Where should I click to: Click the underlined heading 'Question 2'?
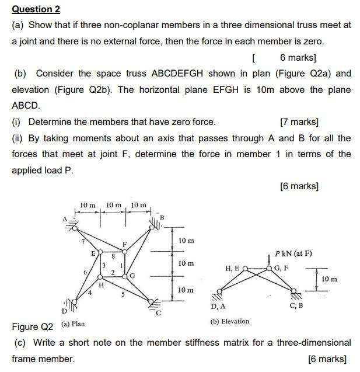click(x=36, y=9)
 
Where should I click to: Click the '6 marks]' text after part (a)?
click(x=298, y=57)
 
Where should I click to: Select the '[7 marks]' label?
click(x=299, y=122)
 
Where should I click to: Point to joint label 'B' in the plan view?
click(x=163, y=218)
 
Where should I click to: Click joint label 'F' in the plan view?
click(x=124, y=243)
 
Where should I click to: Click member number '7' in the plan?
click(x=83, y=241)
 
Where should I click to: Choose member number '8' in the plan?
click(x=113, y=255)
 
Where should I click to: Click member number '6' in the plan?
click(x=86, y=272)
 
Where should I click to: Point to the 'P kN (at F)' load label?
click(x=293, y=253)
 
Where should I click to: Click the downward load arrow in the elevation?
click(x=268, y=260)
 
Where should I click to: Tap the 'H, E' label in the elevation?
click(x=232, y=268)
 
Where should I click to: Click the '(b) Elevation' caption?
click(x=229, y=321)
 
